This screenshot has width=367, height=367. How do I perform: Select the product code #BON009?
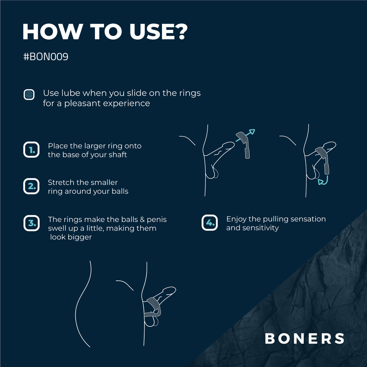46,57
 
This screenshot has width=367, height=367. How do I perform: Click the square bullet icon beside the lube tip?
29,95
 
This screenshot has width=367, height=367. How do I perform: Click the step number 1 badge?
31,150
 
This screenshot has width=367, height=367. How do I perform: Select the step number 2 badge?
31,186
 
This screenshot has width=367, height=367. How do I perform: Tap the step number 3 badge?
31,223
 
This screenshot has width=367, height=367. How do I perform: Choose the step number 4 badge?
209,223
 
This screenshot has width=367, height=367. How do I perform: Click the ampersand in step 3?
142,219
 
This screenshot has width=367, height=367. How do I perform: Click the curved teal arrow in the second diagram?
323,181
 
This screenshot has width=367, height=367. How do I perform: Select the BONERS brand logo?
304,339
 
